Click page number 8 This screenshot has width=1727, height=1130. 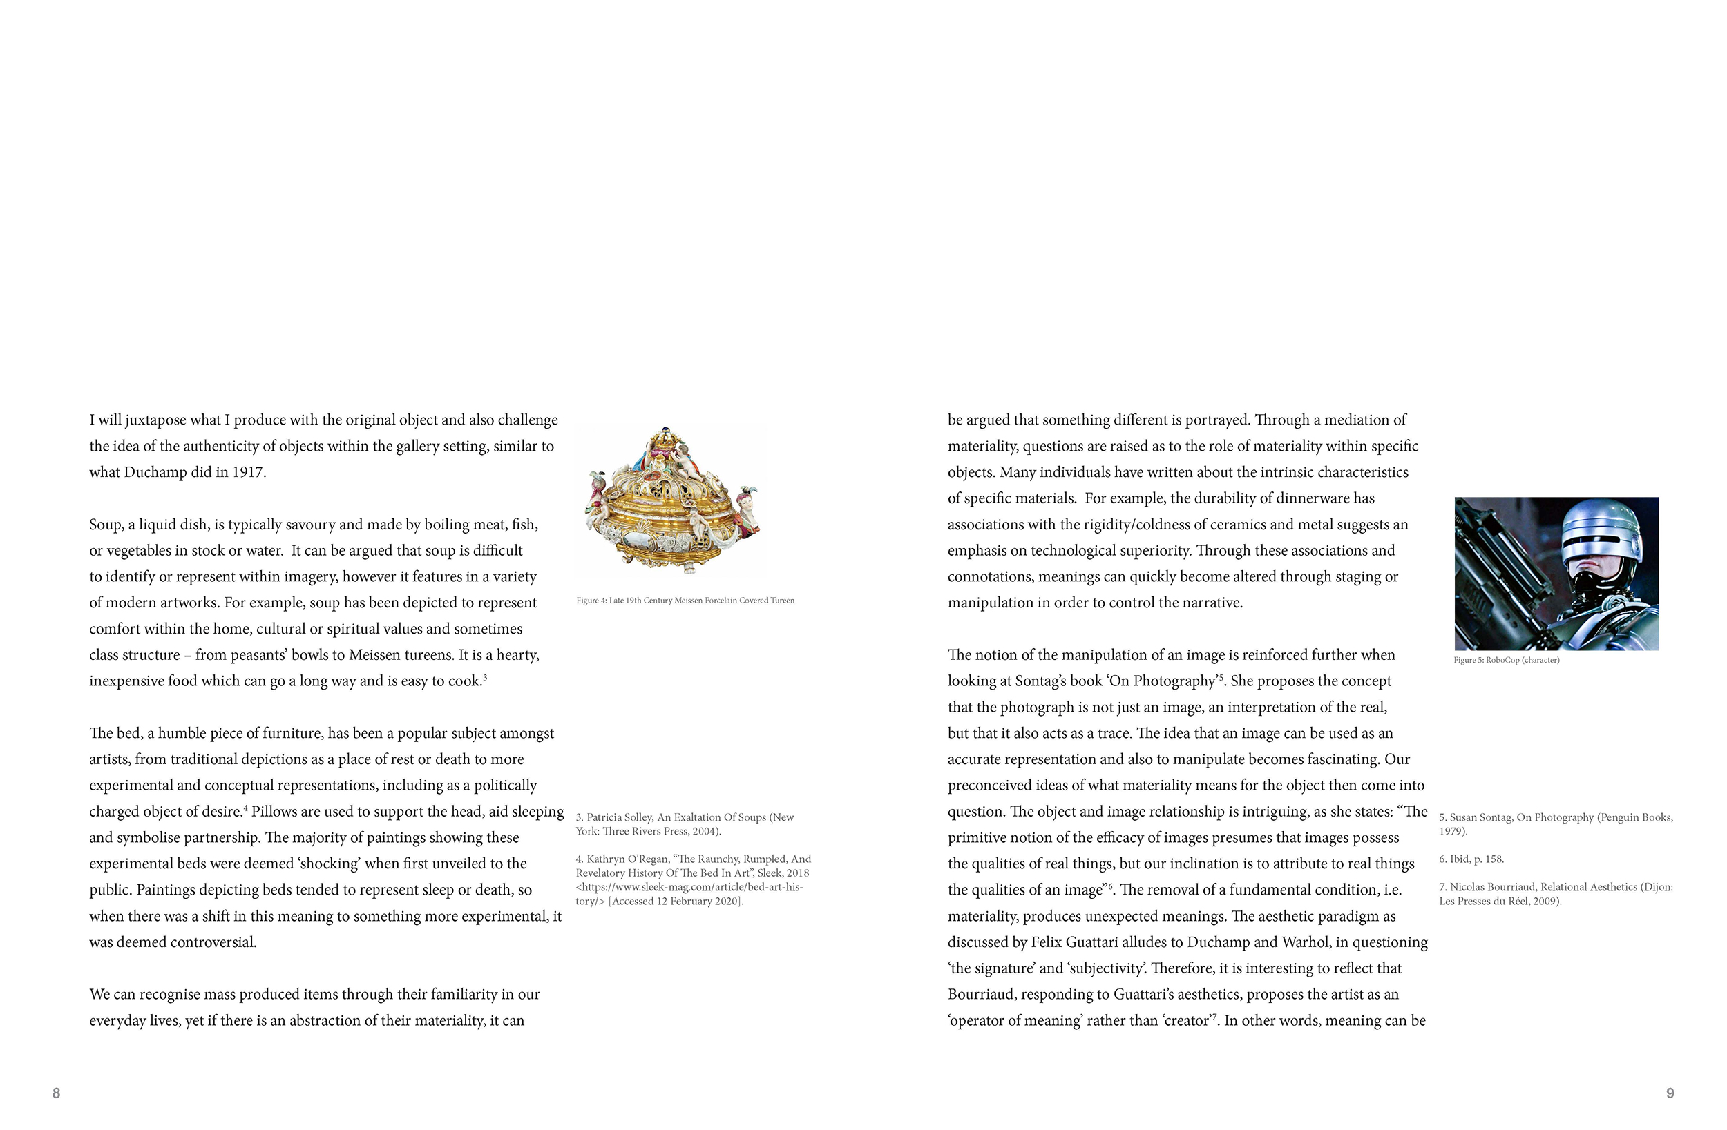pyautogui.click(x=56, y=1093)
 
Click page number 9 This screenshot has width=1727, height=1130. pyautogui.click(x=1670, y=1093)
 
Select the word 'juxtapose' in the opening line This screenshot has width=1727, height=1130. pyautogui.click(x=155, y=420)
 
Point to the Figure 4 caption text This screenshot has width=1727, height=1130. pyautogui.click(x=685, y=601)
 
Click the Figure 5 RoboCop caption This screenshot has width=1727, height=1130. pyautogui.click(x=1506, y=660)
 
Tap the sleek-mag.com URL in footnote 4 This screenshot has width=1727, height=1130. pyautogui.click(x=689, y=888)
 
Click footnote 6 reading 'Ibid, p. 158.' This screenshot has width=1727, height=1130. pyautogui.click(x=1471, y=859)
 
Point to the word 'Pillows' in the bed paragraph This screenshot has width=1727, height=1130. pyautogui.click(x=275, y=812)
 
